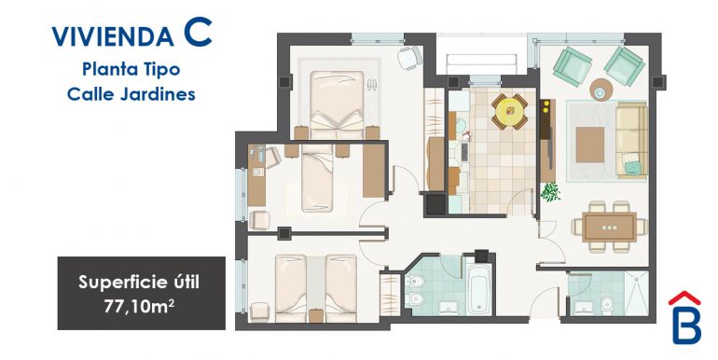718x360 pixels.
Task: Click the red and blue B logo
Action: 685,319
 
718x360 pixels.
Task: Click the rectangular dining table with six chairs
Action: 609,226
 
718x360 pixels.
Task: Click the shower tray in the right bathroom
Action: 635,295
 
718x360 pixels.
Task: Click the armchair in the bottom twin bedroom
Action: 260,307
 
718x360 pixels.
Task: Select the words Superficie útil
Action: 141,281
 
